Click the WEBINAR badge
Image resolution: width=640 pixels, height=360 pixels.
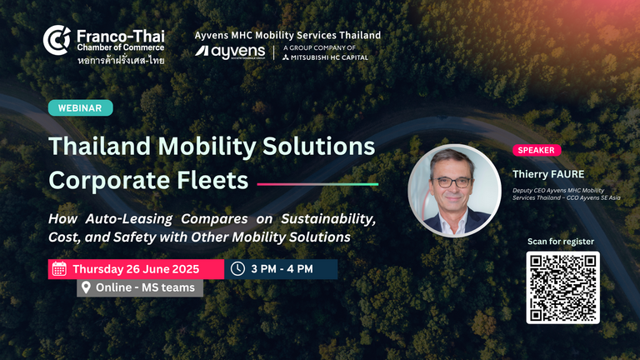(80, 108)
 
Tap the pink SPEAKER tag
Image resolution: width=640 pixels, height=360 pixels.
(537, 150)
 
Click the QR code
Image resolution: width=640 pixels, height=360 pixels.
(562, 287)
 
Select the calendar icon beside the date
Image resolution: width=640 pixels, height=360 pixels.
(59, 269)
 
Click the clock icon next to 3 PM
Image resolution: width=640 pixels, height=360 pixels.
(237, 268)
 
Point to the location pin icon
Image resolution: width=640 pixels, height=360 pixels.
(86, 287)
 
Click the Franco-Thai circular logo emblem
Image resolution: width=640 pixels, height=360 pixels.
(57, 40)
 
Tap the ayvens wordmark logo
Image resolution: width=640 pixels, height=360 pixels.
(230, 52)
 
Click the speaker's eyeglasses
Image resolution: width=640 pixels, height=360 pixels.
(453, 182)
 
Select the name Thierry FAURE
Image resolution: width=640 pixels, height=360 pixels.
(548, 174)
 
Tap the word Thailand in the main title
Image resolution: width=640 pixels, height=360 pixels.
(100, 146)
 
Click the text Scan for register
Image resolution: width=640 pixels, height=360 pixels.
(560, 242)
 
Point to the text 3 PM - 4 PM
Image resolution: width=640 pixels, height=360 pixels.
(282, 269)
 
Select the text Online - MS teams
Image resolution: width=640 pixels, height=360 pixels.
(145, 287)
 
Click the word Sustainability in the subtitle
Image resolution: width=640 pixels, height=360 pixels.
(328, 219)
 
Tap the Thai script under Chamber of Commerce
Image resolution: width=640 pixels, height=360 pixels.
(121, 61)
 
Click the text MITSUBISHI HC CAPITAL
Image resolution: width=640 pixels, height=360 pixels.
(329, 57)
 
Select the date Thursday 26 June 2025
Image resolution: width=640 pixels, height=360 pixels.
(136, 269)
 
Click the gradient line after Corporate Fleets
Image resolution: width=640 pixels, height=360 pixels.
(317, 184)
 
